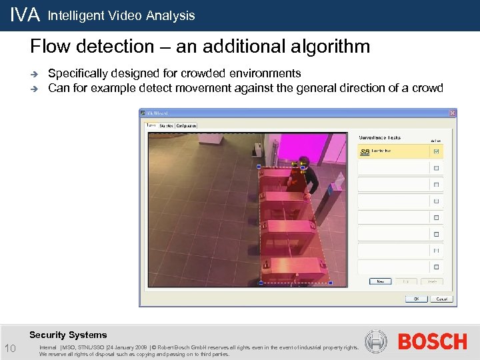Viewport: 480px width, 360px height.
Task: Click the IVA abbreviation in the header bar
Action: (x=25, y=15)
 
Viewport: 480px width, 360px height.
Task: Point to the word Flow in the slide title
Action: (x=49, y=47)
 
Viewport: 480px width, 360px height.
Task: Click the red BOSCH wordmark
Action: (x=432, y=342)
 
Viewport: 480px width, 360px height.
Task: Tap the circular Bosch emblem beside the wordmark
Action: (x=376, y=342)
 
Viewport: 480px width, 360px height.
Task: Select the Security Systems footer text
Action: (x=68, y=335)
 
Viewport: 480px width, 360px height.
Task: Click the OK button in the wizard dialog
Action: (x=416, y=299)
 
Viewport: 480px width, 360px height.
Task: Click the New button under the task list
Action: (x=380, y=281)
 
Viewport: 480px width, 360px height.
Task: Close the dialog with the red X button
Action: (x=453, y=113)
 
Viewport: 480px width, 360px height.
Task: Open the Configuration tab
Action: (x=186, y=125)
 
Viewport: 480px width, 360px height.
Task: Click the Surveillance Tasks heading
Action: (x=379, y=137)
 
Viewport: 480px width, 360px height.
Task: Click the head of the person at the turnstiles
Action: (x=304, y=161)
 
